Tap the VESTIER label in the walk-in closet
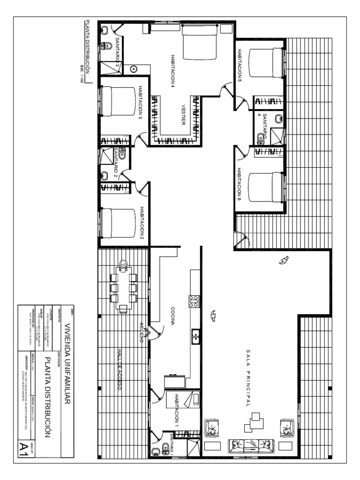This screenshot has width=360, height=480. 183,115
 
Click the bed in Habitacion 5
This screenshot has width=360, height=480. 266,62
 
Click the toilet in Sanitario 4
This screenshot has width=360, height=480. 261,138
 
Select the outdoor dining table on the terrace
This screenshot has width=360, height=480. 123,287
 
